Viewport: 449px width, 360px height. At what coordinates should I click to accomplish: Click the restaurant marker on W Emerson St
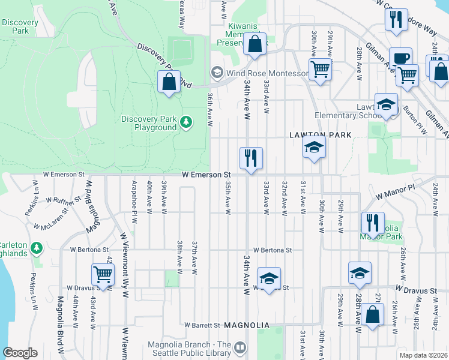(251, 158)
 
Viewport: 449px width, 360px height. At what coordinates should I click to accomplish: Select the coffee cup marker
(400, 58)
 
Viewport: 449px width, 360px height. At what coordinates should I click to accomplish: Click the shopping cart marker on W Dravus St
(103, 275)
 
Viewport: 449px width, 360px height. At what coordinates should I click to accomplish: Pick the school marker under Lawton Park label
(314, 146)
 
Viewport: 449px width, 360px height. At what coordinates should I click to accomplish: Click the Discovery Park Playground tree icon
(187, 123)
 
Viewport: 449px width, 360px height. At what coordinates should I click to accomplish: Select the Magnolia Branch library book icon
(240, 347)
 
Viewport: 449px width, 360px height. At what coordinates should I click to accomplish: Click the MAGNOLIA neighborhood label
(245, 325)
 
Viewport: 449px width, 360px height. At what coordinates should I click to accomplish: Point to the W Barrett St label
(202, 325)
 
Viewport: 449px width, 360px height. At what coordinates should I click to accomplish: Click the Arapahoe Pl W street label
(134, 197)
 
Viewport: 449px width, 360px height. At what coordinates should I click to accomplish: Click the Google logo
(20, 353)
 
